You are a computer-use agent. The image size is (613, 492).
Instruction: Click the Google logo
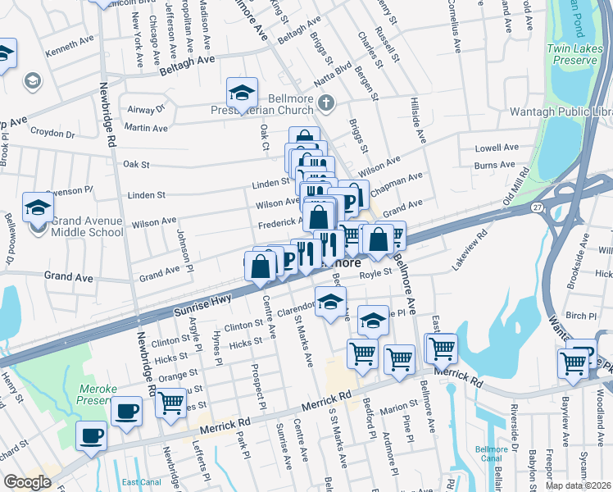point(27,482)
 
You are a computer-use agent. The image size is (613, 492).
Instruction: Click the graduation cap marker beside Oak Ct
point(242,93)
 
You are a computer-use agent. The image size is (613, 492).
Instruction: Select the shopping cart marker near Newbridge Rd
point(171,403)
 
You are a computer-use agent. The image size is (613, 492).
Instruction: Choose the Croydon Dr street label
point(52,132)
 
